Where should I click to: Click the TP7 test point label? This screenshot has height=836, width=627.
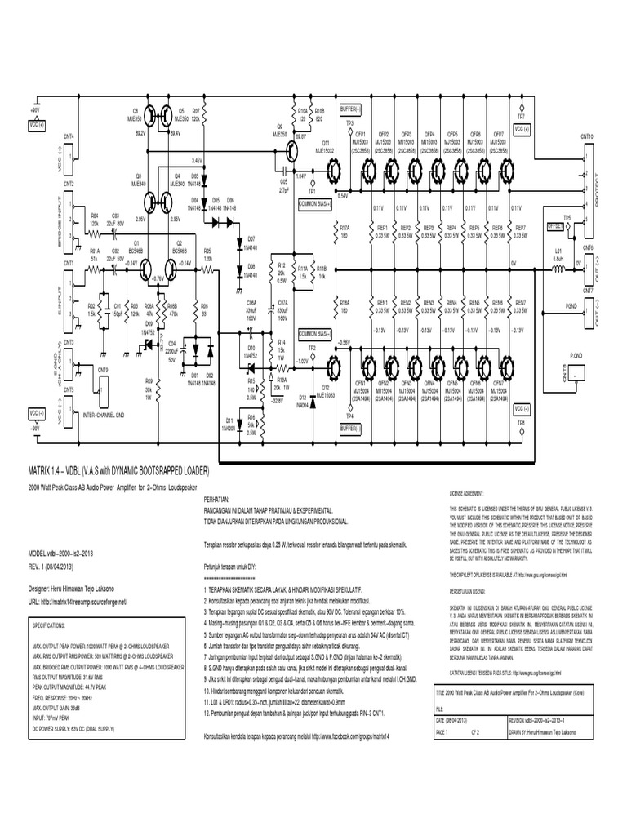(x=520, y=106)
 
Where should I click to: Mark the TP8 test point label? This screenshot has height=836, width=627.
(x=520, y=422)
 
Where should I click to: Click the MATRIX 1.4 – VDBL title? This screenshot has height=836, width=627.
(x=119, y=472)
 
